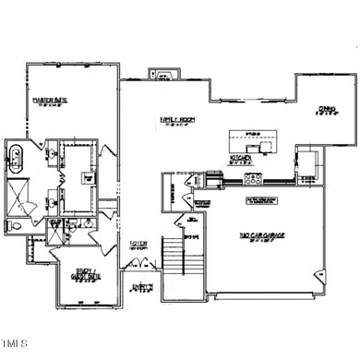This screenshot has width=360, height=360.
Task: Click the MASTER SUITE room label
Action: pos(46,102)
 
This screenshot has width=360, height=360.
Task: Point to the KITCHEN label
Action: pos(242,159)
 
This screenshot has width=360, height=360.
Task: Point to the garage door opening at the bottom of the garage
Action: pos(268,295)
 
